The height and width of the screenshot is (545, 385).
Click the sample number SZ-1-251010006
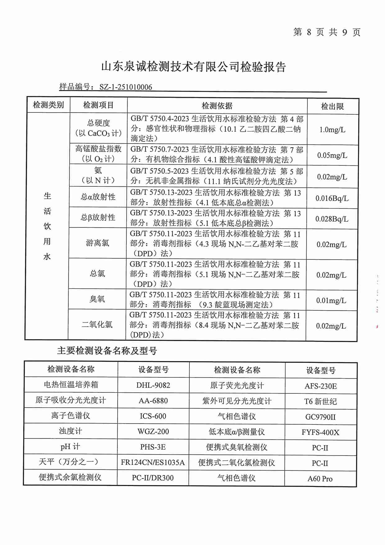pos(126,87)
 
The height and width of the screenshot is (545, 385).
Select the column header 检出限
pos(332,107)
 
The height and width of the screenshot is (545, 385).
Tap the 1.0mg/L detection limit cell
pos(332,130)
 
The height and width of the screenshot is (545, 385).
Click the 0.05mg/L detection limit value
pos(332,155)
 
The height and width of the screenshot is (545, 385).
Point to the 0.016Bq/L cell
pos(332,198)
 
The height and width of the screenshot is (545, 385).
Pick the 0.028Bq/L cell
pos(332,219)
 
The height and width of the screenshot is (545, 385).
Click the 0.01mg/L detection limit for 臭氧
pos(331,300)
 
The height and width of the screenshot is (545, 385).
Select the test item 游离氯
pos(97,243)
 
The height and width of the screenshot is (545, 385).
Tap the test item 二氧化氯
pos(97,325)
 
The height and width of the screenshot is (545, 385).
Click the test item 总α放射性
pos(98,197)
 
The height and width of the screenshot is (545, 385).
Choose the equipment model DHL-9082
pos(153,385)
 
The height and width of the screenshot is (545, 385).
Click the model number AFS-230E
pos(320,386)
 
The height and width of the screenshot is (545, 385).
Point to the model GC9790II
pos(320,417)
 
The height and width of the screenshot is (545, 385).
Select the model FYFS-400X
pos(320,433)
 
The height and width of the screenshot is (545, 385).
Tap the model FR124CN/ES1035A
pos(153,463)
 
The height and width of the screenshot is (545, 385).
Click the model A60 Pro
pos(320,479)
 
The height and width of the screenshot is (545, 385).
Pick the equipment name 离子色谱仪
pos(70,416)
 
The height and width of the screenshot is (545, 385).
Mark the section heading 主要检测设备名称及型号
pos(107,351)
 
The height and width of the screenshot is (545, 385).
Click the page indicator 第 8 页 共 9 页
pos(327,32)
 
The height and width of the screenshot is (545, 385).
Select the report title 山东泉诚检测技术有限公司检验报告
pos(193,67)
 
